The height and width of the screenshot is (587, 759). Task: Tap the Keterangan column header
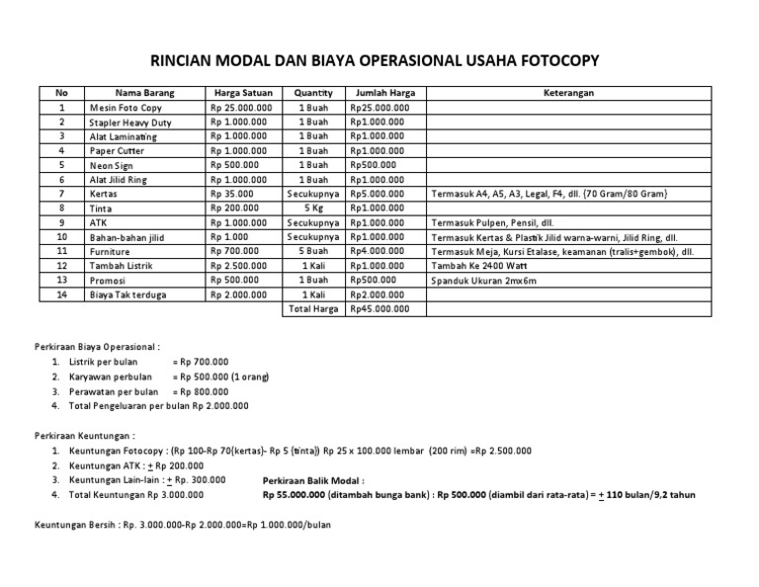(x=568, y=94)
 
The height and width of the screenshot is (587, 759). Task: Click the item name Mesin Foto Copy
(x=126, y=108)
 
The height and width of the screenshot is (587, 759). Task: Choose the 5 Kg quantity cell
(x=314, y=209)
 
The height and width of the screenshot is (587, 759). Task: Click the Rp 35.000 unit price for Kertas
(x=232, y=195)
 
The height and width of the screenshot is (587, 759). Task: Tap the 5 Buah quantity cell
(x=314, y=252)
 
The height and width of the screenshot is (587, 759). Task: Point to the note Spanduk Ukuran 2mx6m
(x=483, y=281)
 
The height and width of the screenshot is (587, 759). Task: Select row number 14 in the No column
(x=62, y=294)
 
